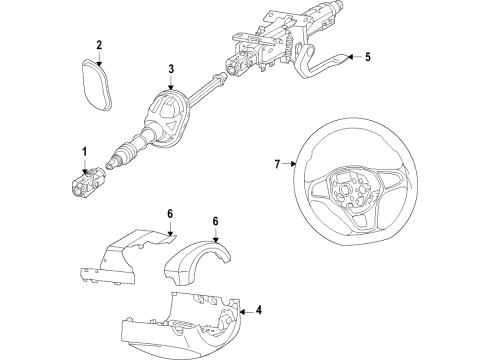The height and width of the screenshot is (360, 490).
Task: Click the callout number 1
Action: click(85, 152)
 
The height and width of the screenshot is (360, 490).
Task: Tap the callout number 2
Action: click(99, 45)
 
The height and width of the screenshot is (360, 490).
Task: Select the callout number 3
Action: click(171, 69)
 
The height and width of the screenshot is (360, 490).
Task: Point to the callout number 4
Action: click(259, 310)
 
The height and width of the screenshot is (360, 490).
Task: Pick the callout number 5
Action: click(367, 57)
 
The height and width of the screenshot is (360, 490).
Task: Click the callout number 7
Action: click(277, 164)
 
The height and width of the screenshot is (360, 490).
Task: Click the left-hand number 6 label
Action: click(170, 214)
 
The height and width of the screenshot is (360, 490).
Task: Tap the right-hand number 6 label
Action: click(215, 221)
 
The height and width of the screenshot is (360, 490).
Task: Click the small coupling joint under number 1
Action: click(87, 182)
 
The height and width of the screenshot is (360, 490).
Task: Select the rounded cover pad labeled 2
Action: click(97, 84)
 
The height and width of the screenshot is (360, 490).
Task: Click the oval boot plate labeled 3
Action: click(167, 117)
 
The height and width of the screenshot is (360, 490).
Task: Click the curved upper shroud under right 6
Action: click(197, 263)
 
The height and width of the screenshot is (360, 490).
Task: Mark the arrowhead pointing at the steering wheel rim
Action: click(293, 164)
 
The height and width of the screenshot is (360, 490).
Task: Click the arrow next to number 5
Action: click(354, 57)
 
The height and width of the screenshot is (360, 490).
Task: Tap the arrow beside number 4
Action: click(246, 312)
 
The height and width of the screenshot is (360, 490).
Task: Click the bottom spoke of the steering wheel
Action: click(362, 223)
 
